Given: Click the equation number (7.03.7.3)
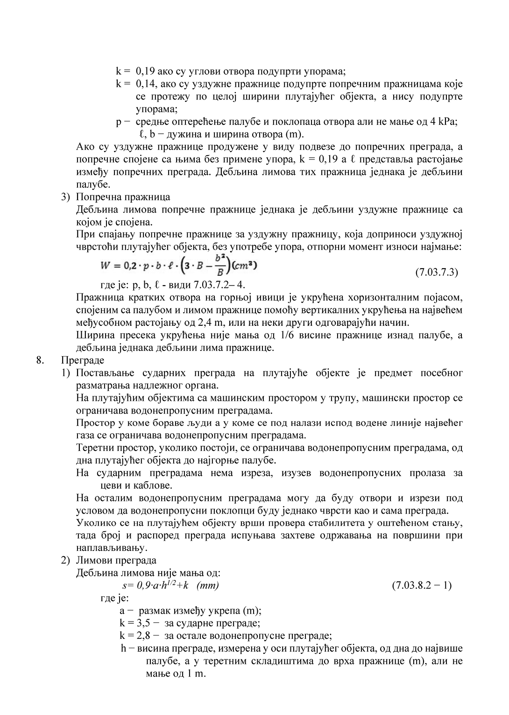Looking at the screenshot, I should [x=437, y=272].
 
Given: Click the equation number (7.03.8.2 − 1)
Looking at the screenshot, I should [x=421, y=585].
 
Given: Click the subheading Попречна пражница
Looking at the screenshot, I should [x=123, y=197].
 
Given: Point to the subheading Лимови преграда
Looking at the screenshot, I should [x=116, y=560].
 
